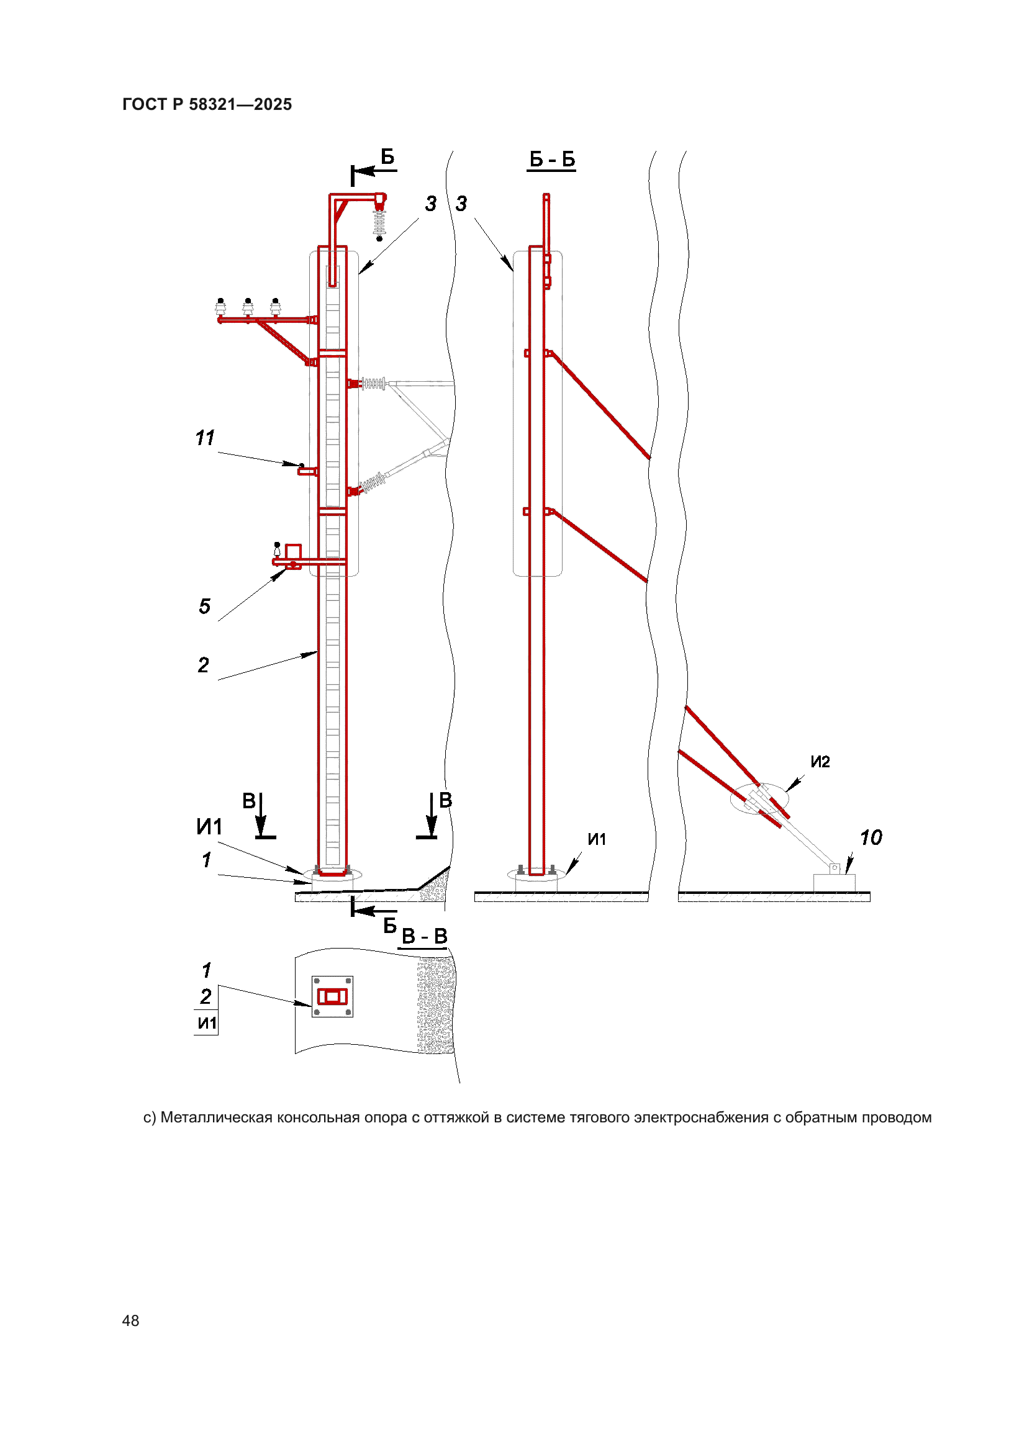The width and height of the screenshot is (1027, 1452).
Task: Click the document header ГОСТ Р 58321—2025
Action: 207,104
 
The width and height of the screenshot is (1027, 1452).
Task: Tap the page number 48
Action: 130,1320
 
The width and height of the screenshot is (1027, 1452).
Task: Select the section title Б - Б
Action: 552,160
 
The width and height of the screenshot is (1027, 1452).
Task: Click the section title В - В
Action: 424,936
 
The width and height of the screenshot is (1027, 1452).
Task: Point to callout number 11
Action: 205,438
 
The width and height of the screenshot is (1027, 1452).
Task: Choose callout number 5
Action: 204,607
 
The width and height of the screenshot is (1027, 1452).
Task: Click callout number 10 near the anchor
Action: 871,838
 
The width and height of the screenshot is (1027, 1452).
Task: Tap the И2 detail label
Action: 820,762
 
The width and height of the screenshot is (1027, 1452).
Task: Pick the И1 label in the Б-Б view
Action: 596,839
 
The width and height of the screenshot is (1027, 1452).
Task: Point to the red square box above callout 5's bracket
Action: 294,551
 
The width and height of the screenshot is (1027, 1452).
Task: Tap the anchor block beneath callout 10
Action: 834,882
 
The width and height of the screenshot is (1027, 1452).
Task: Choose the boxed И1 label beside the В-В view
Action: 207,1023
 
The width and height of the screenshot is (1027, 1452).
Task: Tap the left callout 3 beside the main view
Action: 431,204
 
